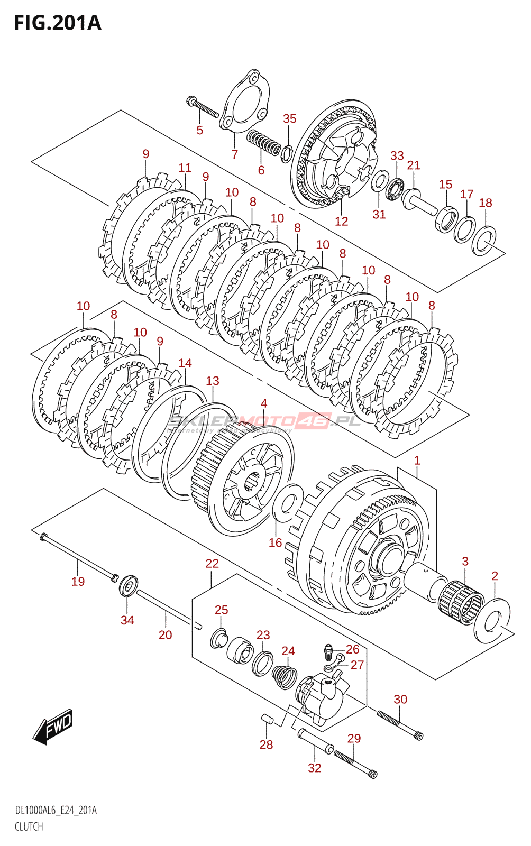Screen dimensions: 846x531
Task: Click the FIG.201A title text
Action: pyautogui.click(x=57, y=23)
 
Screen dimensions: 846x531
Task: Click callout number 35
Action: pyautogui.click(x=289, y=119)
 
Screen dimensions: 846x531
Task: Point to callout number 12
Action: pyautogui.click(x=342, y=222)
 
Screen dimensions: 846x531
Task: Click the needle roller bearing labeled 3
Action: pyautogui.click(x=461, y=601)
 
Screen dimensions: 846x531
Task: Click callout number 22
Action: pyautogui.click(x=212, y=564)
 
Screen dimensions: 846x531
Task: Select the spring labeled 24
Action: pyautogui.click(x=285, y=677)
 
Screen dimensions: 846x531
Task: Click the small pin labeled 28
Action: pyautogui.click(x=267, y=719)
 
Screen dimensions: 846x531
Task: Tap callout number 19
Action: pyautogui.click(x=78, y=582)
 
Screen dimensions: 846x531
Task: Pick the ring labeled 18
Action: pyautogui.click(x=484, y=240)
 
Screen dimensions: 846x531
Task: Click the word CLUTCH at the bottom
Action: pyautogui.click(x=29, y=826)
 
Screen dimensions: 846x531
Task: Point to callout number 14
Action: pyautogui.click(x=185, y=363)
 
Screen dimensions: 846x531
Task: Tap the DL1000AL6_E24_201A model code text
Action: pyautogui.click(x=56, y=811)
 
